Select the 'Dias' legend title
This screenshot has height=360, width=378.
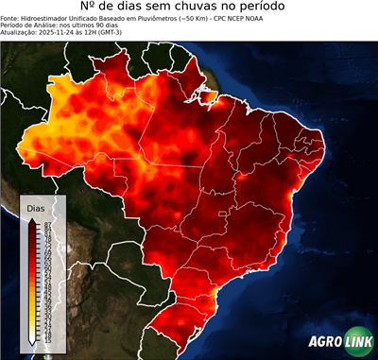[36, 207]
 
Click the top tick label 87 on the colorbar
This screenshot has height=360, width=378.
[46, 224]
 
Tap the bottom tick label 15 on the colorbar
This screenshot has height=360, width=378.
[46, 336]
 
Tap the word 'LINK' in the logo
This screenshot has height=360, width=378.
[358, 343]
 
